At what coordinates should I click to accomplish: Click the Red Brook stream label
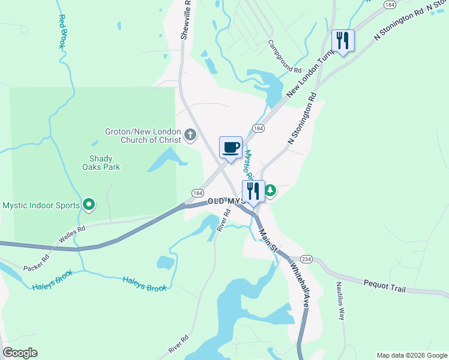[x=62, y=32]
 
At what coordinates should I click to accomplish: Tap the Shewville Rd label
[x=187, y=19]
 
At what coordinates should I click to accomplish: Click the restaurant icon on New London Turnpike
[x=343, y=41]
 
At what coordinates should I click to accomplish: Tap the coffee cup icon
[x=231, y=147]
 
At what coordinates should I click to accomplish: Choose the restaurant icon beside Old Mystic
[x=253, y=191]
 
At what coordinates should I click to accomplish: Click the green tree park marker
[x=270, y=190]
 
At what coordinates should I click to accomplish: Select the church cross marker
[x=190, y=134]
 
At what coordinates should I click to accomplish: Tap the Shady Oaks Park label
[x=101, y=163]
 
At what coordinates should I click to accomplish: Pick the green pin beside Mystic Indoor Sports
[x=89, y=205]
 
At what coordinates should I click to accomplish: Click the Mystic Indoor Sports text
[x=41, y=205]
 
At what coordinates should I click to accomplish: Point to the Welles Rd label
[x=72, y=235]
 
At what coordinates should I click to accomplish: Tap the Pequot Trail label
[x=384, y=285]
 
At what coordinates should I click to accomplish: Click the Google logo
[x=20, y=353]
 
